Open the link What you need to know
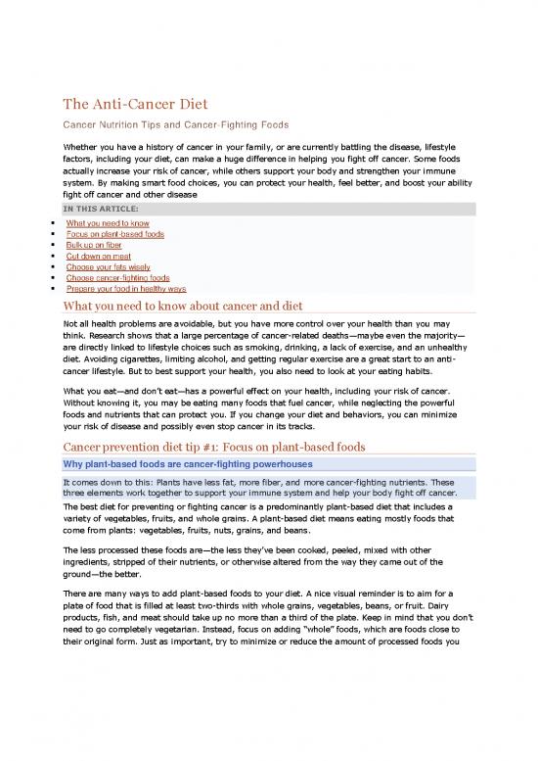coord(108,224)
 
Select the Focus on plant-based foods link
coord(114,235)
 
